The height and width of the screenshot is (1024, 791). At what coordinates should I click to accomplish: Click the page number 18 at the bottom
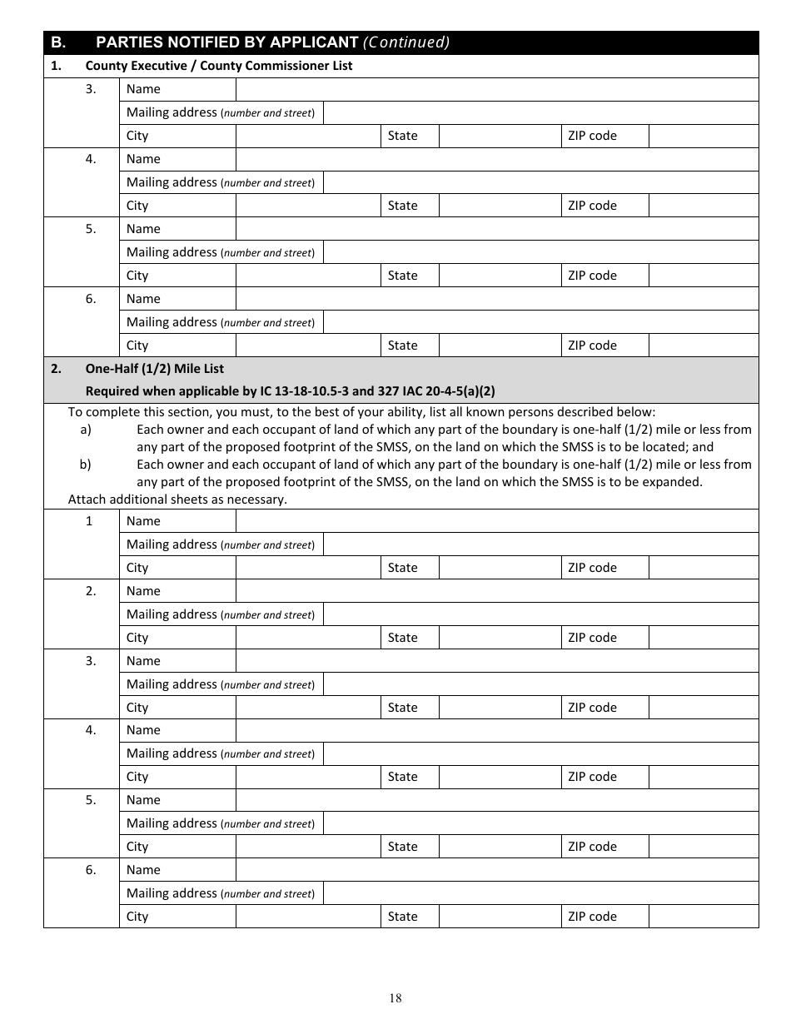[395, 998]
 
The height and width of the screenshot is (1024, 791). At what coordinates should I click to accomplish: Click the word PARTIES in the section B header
[127, 42]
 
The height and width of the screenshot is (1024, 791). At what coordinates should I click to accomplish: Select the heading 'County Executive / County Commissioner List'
[219, 66]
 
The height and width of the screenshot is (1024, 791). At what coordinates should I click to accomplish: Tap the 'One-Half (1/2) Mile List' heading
[154, 369]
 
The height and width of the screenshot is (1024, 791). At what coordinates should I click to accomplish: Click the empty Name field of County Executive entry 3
[497, 89]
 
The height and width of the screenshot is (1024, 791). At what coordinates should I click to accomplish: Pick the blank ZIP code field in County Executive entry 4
[703, 206]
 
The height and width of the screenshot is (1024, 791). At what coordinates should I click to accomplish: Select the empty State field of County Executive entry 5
[500, 276]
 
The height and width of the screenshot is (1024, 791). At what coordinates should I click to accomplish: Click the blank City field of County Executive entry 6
[308, 345]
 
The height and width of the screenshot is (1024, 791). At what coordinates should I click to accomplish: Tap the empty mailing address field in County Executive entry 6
[540, 322]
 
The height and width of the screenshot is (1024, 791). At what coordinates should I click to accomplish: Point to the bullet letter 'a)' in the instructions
[86, 430]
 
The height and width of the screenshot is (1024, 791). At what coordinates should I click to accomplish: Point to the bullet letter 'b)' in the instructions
[86, 465]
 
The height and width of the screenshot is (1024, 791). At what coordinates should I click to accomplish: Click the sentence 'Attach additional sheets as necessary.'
[177, 500]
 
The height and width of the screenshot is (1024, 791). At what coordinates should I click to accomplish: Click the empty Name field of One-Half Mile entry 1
[497, 521]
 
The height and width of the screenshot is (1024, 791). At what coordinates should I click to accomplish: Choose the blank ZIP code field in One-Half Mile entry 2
[703, 638]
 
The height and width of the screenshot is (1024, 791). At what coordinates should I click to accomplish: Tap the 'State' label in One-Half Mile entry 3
[403, 708]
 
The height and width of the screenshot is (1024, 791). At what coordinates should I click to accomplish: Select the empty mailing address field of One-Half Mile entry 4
[540, 753]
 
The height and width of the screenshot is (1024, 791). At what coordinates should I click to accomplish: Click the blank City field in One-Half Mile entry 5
[308, 847]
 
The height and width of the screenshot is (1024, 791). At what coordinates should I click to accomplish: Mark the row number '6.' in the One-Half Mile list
[90, 870]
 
